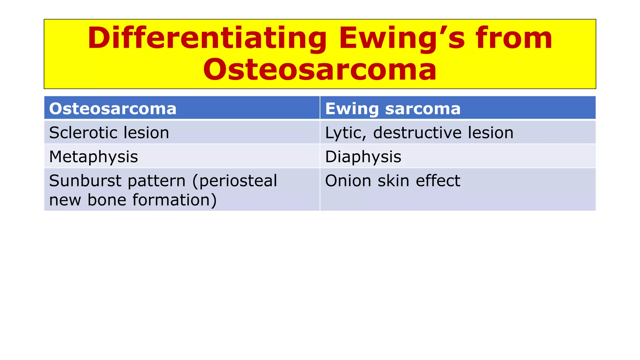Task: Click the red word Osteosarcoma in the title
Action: coord(320,69)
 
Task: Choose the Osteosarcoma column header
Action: coord(113,108)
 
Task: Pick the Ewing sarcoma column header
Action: coord(392,108)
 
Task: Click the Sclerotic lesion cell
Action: coord(109,132)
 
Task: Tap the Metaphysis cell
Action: coord(93,157)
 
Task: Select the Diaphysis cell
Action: coord(363,157)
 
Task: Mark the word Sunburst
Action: coord(85,181)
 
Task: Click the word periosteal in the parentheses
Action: coord(238,181)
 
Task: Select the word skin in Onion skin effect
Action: coord(394,181)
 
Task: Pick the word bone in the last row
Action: coord(107,200)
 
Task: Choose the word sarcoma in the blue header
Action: coord(422,108)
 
